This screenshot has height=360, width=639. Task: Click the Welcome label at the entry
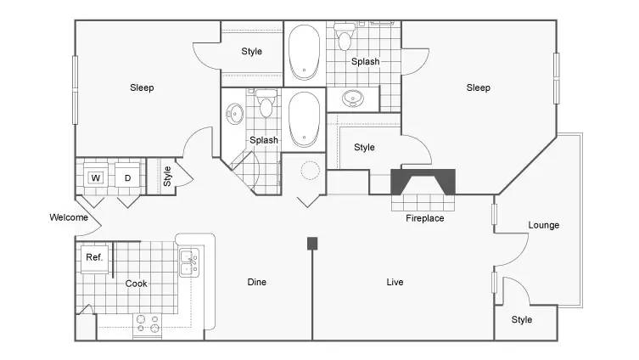tap(69, 217)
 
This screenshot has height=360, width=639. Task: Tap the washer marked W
tap(96, 175)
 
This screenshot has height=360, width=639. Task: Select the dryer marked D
tap(127, 175)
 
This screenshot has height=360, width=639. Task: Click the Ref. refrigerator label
tap(94, 257)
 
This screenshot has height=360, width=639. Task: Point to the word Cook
tap(136, 284)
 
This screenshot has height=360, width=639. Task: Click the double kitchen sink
tap(189, 262)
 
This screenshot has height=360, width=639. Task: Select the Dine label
tap(257, 282)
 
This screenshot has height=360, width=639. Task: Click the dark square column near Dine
tap(312, 244)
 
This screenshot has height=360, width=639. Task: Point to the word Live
tap(395, 282)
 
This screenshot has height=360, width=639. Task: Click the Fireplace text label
tap(424, 218)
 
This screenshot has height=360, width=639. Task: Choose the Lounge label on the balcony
tap(544, 225)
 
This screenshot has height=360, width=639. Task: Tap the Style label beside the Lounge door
tap(522, 319)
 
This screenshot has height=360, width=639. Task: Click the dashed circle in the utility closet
tap(310, 170)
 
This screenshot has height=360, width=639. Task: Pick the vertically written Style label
tap(167, 176)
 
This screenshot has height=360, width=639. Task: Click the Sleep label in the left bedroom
tap(142, 87)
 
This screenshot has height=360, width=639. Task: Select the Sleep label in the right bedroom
tap(478, 87)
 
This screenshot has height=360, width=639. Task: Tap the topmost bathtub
tap(304, 53)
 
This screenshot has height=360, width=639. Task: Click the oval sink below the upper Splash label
tap(352, 98)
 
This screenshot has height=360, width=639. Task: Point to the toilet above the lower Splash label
tap(266, 104)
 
